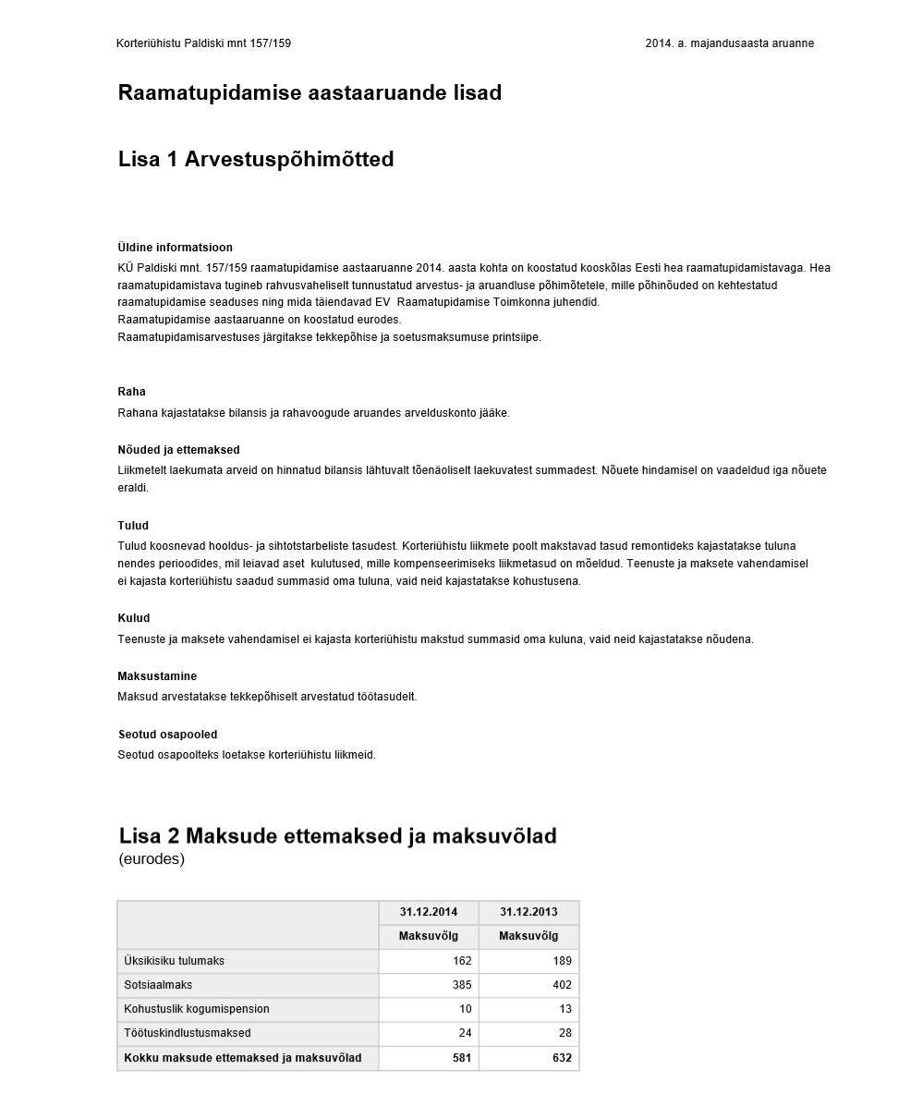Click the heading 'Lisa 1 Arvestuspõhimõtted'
256,159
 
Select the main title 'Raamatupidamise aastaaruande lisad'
309,92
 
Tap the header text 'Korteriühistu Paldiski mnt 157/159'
203,43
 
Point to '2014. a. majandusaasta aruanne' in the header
729,43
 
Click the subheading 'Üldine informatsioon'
176,248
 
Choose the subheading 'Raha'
132,392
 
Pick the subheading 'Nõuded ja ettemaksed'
178,450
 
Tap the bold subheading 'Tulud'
133,526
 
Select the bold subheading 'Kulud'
133,618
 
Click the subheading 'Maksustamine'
157,676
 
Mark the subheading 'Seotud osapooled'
167,735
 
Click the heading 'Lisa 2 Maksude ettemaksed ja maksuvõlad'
337,836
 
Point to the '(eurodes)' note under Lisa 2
152,859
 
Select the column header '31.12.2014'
428,912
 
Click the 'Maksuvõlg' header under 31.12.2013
528,936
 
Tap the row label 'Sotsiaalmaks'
158,985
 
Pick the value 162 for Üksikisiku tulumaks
462,961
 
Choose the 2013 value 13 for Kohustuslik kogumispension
564,1009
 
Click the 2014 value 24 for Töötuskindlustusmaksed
465,1033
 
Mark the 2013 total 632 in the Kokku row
562,1058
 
